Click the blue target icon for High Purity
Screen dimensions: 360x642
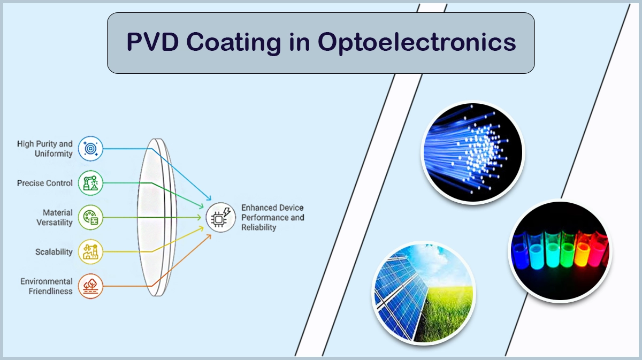click(90, 149)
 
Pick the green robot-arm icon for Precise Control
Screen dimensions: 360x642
click(90, 183)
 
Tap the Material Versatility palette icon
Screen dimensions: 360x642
click(90, 218)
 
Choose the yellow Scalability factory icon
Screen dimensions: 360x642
click(90, 252)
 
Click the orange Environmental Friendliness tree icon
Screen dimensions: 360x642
click(90, 286)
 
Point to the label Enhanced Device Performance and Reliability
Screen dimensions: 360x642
click(272, 217)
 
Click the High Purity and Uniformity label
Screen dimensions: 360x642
click(44, 149)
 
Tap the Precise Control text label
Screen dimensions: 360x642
click(44, 183)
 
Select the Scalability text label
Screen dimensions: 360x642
click(53, 252)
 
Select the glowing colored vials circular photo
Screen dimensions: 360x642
click(560, 250)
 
